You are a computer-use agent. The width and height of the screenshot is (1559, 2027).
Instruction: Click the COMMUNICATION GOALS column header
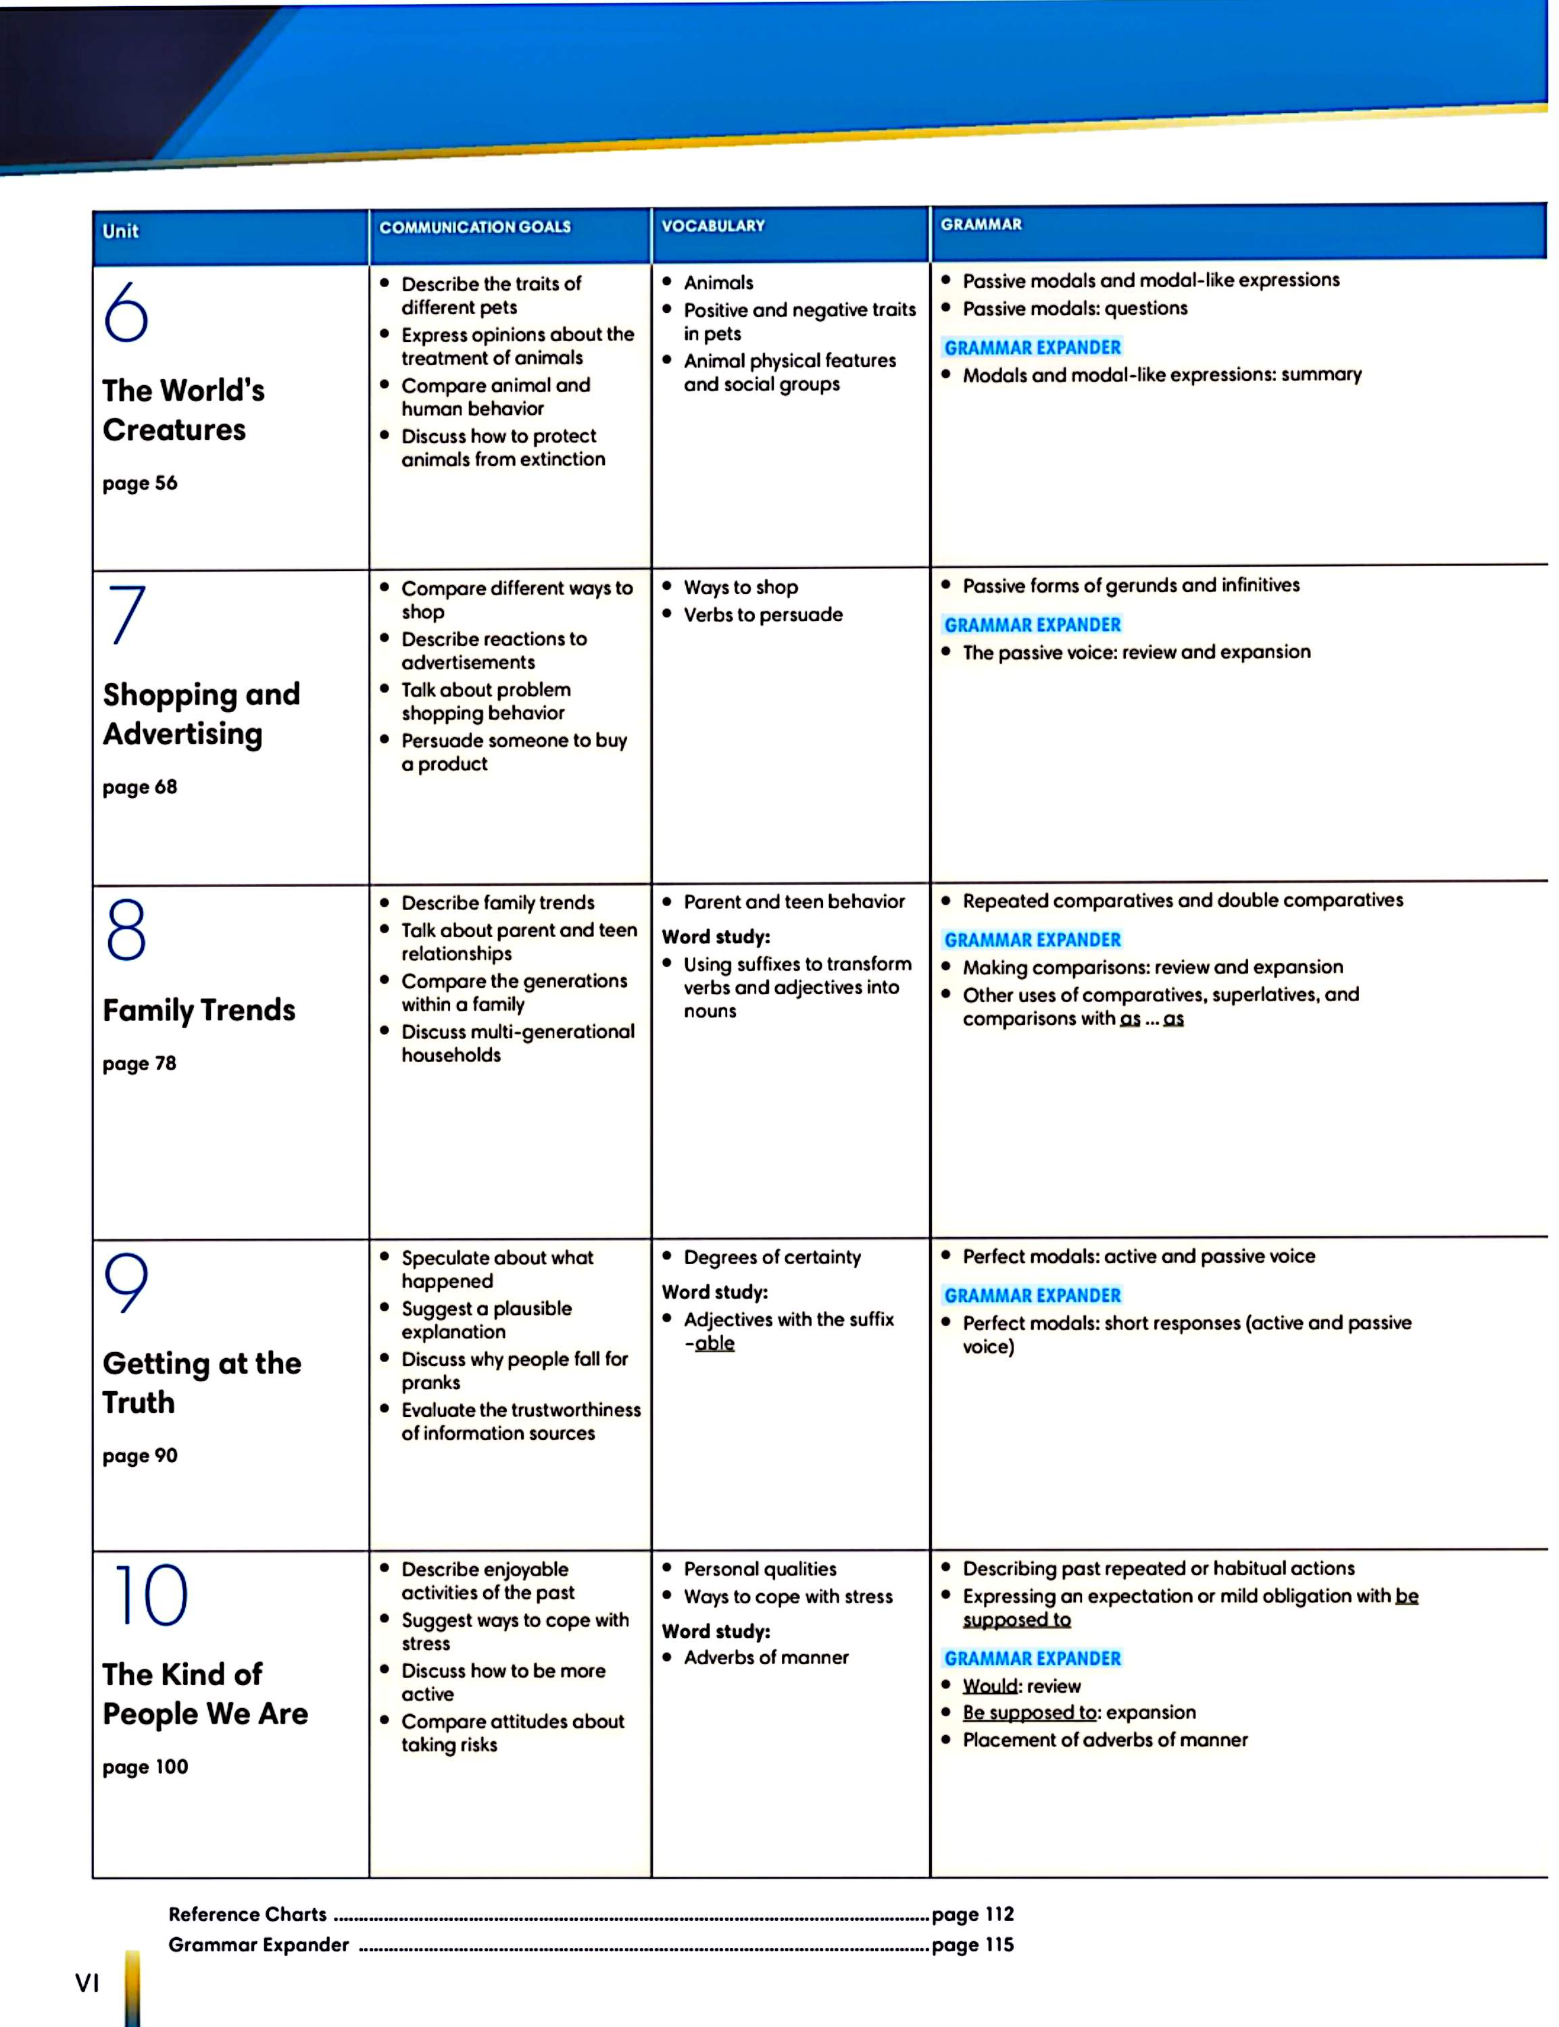coord(474,227)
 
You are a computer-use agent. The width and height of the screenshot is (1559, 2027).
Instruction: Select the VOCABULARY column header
coord(713,226)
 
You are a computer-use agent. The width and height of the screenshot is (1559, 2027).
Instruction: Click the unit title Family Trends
coord(199,1009)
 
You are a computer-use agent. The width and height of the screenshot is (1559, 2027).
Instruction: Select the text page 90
coord(140,1455)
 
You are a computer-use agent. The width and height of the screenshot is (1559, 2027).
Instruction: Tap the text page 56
coord(140,483)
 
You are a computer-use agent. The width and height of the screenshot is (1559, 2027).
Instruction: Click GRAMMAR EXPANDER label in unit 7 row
coord(1032,624)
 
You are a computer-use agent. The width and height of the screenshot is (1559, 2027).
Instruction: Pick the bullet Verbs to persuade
coord(763,614)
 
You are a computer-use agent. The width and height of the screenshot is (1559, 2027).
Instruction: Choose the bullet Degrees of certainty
coord(772,1257)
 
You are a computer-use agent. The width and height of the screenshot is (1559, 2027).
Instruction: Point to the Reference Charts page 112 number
coord(972,1913)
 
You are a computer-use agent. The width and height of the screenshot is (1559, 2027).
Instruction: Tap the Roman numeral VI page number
coord(86,1983)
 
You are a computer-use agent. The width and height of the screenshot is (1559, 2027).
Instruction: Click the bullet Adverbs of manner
coord(766,1657)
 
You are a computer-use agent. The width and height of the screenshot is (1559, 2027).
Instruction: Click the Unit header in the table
coord(121,231)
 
